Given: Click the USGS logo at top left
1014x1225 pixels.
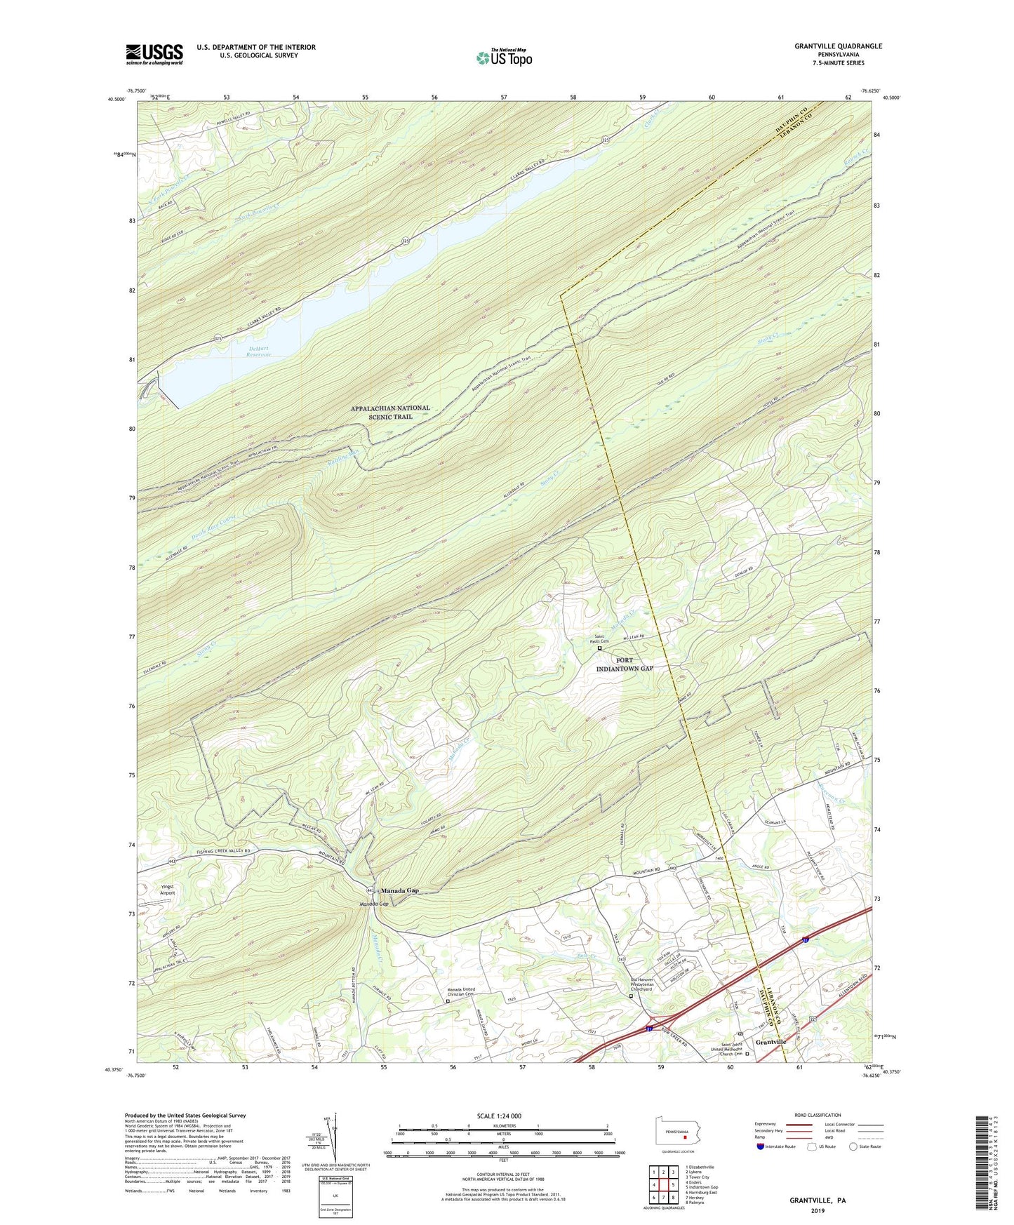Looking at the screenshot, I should click(154, 54).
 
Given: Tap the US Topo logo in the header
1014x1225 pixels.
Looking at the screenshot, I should click(503, 58).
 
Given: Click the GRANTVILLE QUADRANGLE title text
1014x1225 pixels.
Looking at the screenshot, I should click(838, 46).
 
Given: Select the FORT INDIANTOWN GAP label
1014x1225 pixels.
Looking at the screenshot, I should click(624, 664).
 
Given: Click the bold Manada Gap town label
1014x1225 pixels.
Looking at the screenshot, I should click(399, 890).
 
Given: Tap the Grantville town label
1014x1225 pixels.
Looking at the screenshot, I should click(770, 1042).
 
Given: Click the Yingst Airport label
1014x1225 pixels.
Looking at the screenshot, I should click(166, 890).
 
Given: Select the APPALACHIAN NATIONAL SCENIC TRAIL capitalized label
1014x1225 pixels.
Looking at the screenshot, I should click(390, 412).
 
